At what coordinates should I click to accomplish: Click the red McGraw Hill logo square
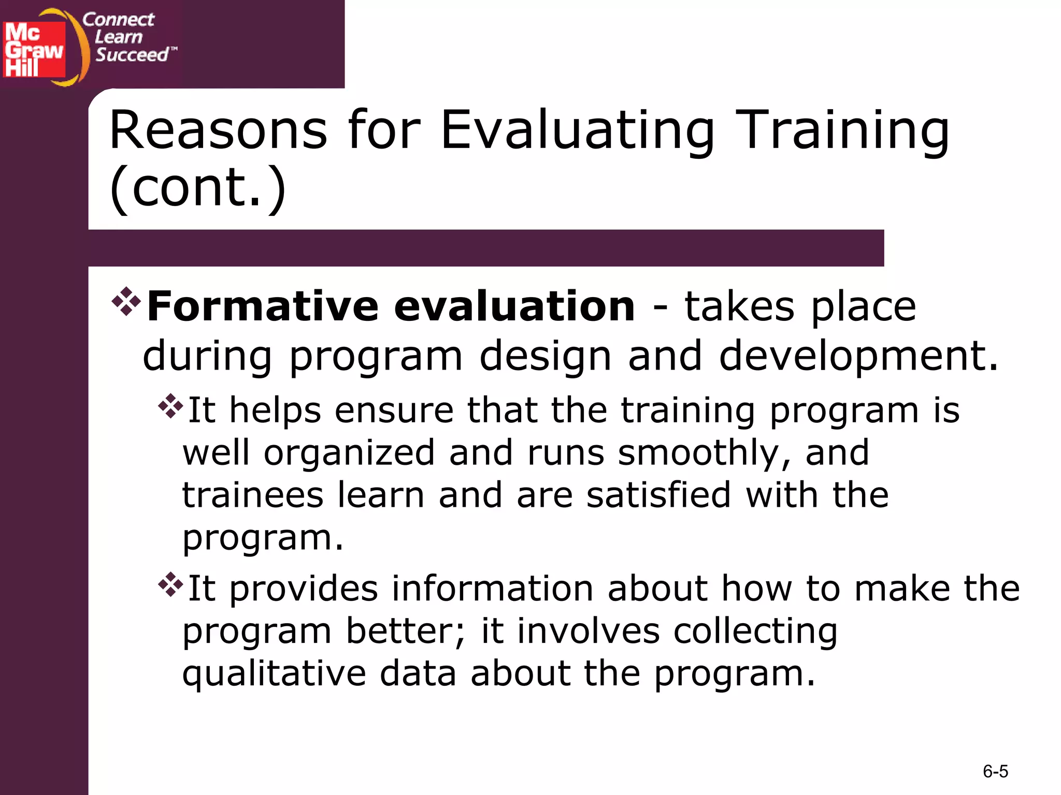pyautogui.click(x=34, y=50)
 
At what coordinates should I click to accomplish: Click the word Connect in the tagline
pyautogui.click(x=118, y=20)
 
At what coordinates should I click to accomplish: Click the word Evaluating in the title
pyautogui.click(x=577, y=130)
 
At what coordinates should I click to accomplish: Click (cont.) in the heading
pyautogui.click(x=197, y=187)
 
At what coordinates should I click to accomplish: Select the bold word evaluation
pyautogui.click(x=514, y=306)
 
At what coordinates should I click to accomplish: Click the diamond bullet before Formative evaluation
pyautogui.click(x=126, y=301)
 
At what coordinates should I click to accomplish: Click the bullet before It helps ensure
pyautogui.click(x=170, y=406)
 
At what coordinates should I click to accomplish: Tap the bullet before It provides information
pyautogui.click(x=170, y=585)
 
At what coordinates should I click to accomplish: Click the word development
pyautogui.click(x=857, y=357)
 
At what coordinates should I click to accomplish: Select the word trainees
pyautogui.click(x=253, y=495)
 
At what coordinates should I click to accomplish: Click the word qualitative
pyautogui.click(x=274, y=674)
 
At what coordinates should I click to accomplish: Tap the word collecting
pyautogui.click(x=755, y=632)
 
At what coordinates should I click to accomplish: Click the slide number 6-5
pyautogui.click(x=995, y=772)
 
